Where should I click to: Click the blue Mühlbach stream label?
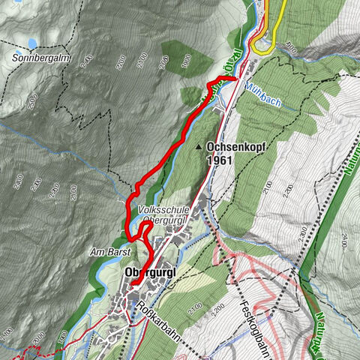click(x=262, y=85)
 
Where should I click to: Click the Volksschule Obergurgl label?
click(x=162, y=216)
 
